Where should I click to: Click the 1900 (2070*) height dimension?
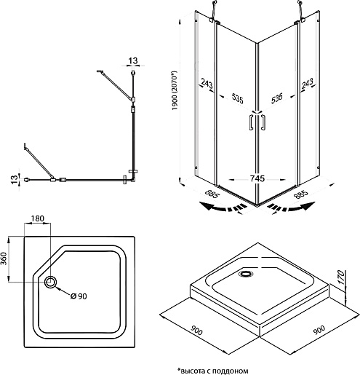click(175, 90)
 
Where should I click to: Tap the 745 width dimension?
click(257, 178)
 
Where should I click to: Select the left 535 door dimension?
click(238, 98)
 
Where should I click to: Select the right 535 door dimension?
click(277, 98)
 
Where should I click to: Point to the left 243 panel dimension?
click(207, 84)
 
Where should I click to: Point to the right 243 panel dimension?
click(308, 84)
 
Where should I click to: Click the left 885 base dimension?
click(212, 194)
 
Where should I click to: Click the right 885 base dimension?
click(301, 194)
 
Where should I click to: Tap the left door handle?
click(251, 122)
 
